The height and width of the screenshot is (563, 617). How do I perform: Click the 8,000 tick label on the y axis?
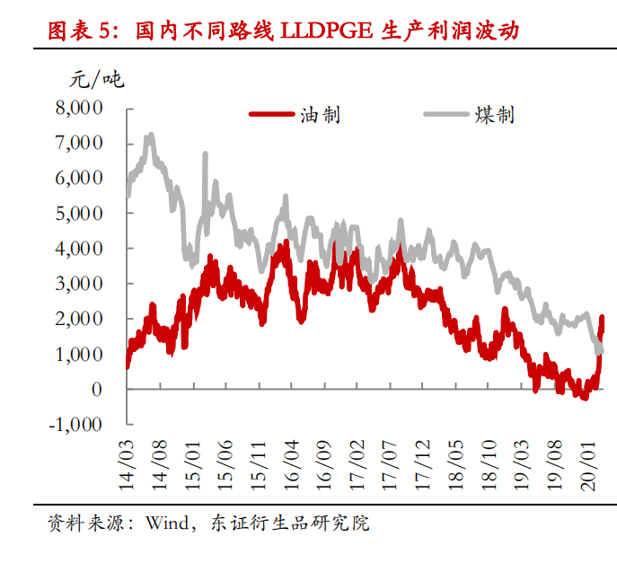coord(79,108)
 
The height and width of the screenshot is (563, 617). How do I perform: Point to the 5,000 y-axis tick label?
coord(79,214)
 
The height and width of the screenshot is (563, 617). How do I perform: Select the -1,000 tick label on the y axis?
coord(76,425)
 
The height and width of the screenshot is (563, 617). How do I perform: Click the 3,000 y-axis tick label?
coord(79,284)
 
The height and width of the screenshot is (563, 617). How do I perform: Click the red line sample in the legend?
coord(270,115)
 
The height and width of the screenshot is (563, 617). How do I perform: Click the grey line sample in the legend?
coord(446,115)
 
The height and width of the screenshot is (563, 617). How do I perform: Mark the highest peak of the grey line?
coord(150,136)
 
